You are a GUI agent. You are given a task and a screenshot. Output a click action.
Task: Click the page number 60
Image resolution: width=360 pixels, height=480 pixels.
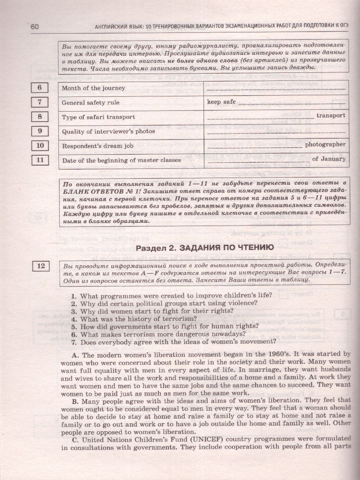[x=34, y=27]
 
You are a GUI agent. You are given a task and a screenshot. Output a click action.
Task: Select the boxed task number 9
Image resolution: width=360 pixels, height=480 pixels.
[x=40, y=131]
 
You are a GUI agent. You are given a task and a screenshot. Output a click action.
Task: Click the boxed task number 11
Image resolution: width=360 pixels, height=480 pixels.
[x=40, y=160]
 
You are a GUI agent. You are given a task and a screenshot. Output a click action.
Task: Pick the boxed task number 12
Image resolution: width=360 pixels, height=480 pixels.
[x=41, y=265]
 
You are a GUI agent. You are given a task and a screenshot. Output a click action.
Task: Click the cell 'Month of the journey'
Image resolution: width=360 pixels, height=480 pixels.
[x=93, y=88]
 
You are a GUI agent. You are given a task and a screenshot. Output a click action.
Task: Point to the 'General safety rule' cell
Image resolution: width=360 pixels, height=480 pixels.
[x=90, y=102]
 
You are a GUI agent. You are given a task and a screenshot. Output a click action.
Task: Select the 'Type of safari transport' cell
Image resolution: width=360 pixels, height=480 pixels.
[x=98, y=117]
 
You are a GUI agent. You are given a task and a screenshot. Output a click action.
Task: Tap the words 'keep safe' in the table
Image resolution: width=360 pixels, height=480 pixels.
[x=221, y=102]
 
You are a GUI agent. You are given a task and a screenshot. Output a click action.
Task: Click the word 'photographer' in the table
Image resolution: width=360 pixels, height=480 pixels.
[x=325, y=144]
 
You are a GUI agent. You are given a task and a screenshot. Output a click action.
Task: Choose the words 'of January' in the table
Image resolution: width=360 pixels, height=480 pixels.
[x=328, y=159]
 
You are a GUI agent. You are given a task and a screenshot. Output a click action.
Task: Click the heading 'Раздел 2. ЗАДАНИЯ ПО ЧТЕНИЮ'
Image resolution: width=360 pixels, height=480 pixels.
[x=204, y=248]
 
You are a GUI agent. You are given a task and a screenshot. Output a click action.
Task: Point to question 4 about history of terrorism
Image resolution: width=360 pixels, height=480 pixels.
[x=138, y=319]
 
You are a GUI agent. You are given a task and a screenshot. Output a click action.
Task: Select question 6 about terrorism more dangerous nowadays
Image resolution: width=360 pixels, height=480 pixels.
[x=158, y=334]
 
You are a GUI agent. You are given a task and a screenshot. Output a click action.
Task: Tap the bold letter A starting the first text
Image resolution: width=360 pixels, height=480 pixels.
[x=74, y=354]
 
